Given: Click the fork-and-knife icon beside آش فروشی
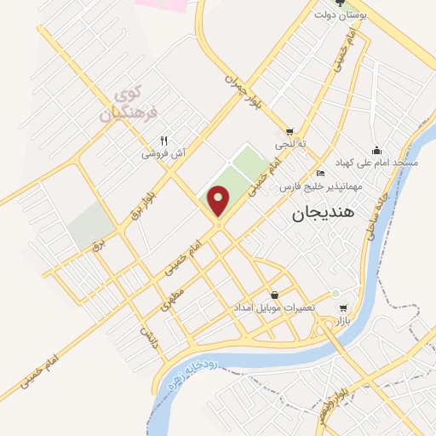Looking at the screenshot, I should pyautogui.click(x=163, y=141).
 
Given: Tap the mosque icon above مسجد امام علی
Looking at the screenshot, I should pyautogui.click(x=376, y=148).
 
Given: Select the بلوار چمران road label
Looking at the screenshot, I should pyautogui.click(x=241, y=86).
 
